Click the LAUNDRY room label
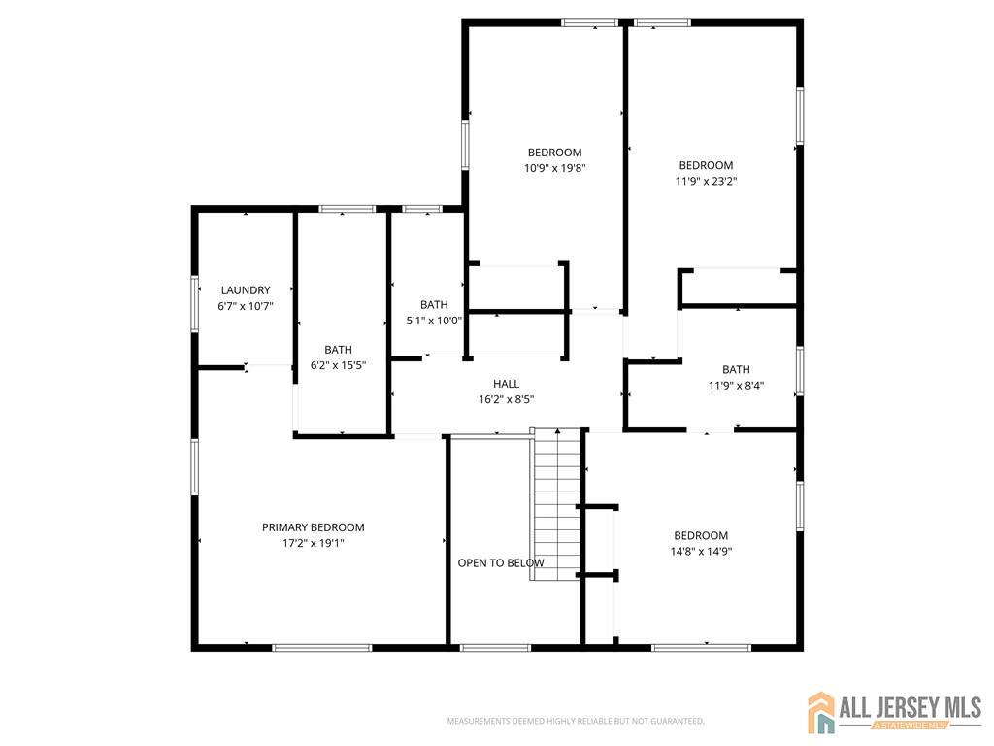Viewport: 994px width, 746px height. point(246,289)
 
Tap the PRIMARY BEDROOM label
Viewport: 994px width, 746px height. point(314,527)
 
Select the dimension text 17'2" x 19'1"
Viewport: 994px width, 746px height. point(314,543)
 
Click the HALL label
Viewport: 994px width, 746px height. point(506,383)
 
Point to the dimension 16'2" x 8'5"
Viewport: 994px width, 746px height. point(506,399)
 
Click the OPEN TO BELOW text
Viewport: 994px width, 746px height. point(501,562)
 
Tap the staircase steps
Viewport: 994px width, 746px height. point(557,504)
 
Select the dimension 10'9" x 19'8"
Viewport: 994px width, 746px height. point(554,168)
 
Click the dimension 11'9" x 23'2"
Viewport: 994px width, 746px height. point(706,181)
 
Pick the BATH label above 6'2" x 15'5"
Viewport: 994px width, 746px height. point(338,350)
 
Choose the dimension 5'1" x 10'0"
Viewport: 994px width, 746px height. point(434,321)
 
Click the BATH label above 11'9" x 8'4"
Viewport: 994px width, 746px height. point(736,369)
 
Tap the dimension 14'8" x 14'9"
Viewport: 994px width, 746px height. point(701,552)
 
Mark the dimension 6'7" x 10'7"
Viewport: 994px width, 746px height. point(246,306)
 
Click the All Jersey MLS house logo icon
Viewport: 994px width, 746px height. point(821,712)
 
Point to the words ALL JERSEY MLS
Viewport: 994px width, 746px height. point(911,707)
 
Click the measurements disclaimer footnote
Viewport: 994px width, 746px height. point(576,721)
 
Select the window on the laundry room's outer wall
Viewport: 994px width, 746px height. point(194,303)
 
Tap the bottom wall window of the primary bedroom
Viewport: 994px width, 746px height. point(322,648)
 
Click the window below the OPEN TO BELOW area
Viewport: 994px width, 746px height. point(495,648)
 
